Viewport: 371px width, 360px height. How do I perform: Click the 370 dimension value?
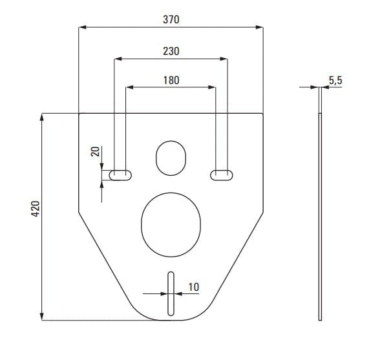click(171, 19)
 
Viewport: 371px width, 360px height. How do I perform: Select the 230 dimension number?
click(171, 51)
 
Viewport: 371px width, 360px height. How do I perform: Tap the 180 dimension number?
click(171, 80)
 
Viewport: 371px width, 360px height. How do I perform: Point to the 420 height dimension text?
click(36, 209)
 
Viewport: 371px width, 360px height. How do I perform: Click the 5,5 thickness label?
click(335, 80)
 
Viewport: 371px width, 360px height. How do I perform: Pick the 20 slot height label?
click(95, 151)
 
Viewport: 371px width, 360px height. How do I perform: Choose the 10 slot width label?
click(193, 287)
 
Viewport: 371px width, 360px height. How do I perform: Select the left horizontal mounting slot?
click(120, 175)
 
